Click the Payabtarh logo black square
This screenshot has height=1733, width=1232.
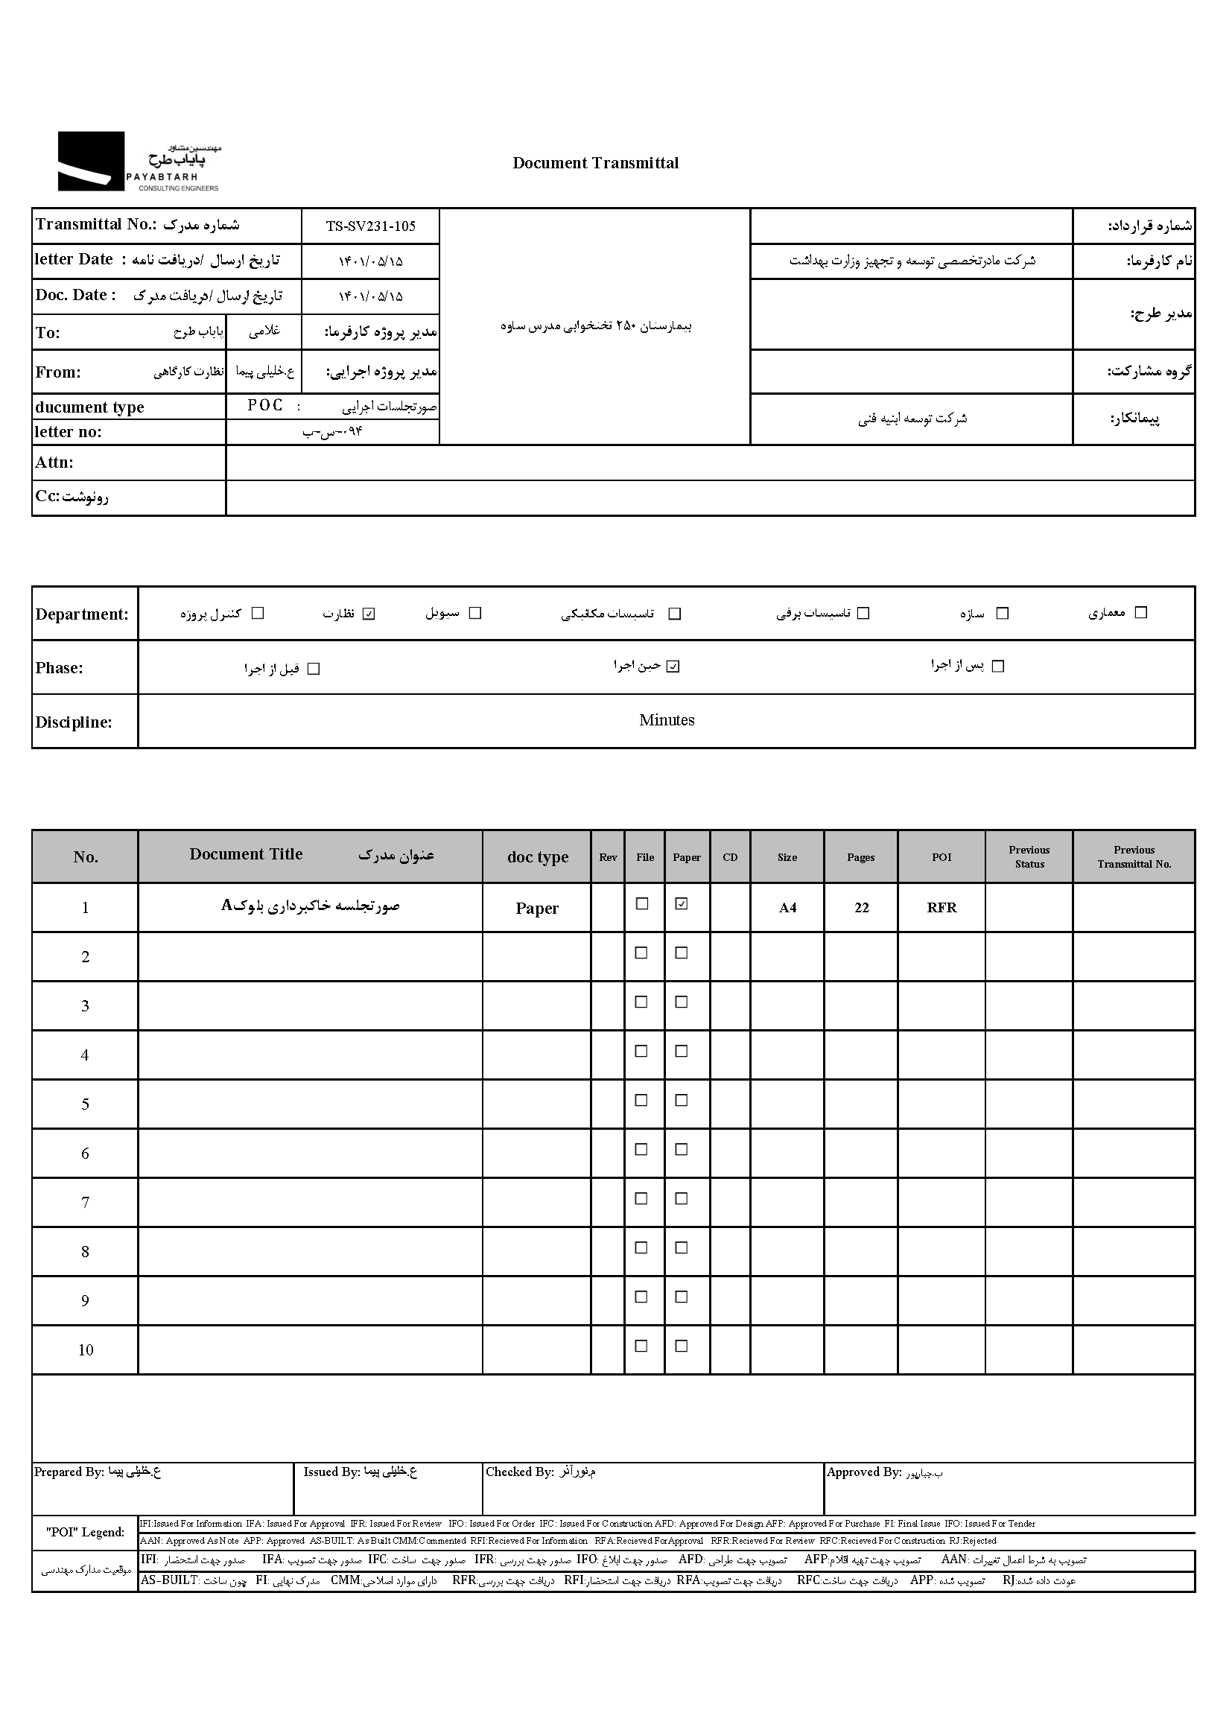click(91, 161)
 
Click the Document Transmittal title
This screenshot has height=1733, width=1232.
click(596, 163)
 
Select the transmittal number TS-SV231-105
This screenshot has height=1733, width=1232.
click(370, 226)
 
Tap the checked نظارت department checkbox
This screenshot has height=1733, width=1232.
click(369, 614)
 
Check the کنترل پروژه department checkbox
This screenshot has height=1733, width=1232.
click(258, 613)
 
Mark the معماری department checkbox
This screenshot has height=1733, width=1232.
click(1140, 612)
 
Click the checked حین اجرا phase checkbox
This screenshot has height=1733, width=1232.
click(673, 667)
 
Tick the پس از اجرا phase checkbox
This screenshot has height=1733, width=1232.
click(998, 666)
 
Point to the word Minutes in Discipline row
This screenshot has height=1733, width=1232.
click(666, 720)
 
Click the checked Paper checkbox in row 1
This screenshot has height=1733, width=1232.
click(682, 903)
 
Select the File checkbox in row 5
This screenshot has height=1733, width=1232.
click(642, 1100)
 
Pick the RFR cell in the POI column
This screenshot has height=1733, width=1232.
click(942, 908)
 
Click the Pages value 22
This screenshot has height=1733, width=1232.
click(861, 908)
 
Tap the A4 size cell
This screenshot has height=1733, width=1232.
click(787, 908)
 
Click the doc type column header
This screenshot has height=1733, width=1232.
click(537, 857)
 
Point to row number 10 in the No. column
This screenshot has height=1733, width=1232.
click(85, 1350)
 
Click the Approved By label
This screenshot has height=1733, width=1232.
click(863, 1472)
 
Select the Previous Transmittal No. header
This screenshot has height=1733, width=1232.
click(1134, 857)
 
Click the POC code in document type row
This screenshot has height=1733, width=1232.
click(264, 406)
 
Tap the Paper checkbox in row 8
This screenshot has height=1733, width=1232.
click(682, 1247)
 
